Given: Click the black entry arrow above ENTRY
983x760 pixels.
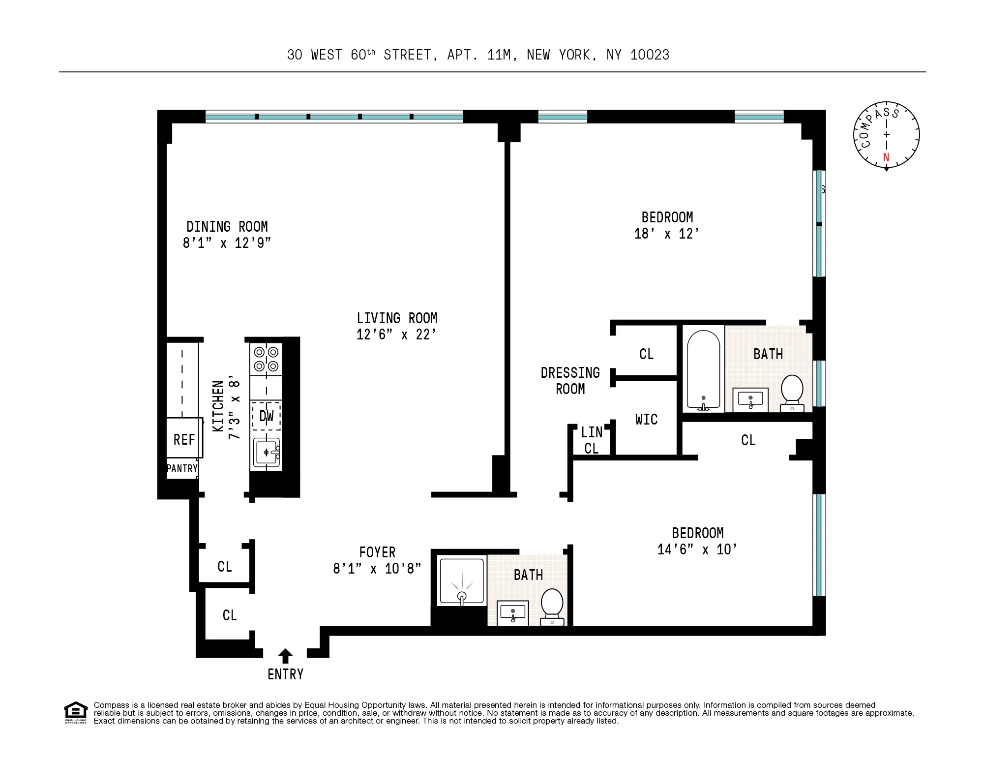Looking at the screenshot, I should (x=285, y=656).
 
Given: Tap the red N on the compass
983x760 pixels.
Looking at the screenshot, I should (x=886, y=157).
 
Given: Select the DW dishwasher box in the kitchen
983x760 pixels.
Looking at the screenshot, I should (x=266, y=416).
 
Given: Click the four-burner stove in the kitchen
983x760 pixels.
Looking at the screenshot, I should (x=266, y=359).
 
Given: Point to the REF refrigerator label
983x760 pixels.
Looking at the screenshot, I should (x=184, y=439).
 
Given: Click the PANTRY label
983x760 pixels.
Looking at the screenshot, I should (x=182, y=468).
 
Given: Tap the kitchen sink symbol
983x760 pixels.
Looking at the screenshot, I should (x=267, y=452).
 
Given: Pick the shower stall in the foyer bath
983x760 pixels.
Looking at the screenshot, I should (x=461, y=581).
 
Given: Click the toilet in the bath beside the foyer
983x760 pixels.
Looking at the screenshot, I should (x=552, y=608).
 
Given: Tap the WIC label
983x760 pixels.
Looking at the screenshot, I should (x=646, y=420).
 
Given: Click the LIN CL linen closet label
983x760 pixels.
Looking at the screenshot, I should (x=591, y=440).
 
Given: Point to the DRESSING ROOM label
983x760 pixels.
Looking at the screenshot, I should (x=570, y=381).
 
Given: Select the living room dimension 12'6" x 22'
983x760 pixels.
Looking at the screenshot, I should (x=396, y=334).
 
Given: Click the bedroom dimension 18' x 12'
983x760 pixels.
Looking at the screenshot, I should (x=666, y=234).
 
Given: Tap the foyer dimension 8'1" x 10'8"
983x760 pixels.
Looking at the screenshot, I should (x=377, y=569).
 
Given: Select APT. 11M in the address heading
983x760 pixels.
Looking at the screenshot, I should (x=481, y=55).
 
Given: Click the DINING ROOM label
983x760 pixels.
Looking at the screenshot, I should (x=227, y=227).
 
